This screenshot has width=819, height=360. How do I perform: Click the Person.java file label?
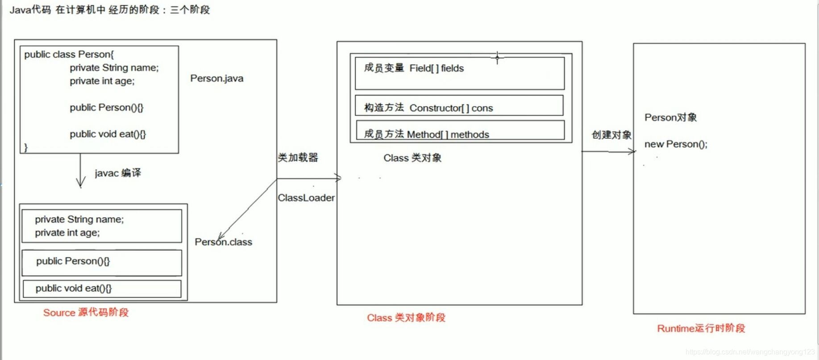(x=216, y=79)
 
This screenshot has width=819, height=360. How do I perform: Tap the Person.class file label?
(x=223, y=242)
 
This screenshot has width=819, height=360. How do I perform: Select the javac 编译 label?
(x=118, y=173)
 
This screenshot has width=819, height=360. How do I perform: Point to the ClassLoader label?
(x=306, y=198)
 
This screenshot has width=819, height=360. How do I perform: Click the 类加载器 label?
(x=298, y=157)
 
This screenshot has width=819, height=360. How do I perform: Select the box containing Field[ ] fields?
(x=459, y=74)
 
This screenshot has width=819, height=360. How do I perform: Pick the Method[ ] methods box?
(x=460, y=131)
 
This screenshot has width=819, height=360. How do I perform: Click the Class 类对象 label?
(x=412, y=158)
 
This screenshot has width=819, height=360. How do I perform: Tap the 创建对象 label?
(x=611, y=135)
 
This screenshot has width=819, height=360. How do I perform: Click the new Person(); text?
(x=675, y=144)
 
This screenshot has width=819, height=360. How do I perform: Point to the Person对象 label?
(x=670, y=118)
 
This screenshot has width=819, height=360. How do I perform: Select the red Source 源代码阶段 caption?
(x=86, y=312)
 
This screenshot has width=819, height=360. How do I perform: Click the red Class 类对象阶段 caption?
(x=406, y=318)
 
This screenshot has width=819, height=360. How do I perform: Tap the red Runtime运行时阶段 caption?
(x=701, y=328)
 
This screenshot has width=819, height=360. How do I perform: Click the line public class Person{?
(x=69, y=54)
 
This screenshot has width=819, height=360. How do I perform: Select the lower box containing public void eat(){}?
(x=102, y=289)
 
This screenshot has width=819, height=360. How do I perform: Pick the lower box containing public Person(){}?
(x=102, y=262)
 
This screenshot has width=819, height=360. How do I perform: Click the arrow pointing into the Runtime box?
(x=609, y=152)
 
